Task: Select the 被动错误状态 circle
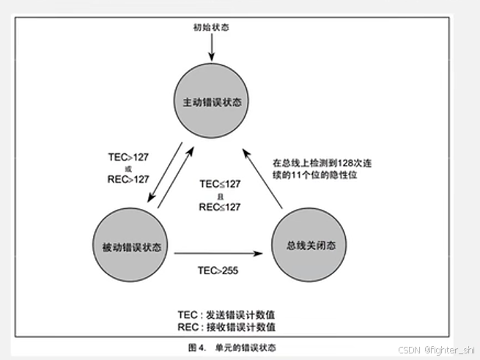point(130,244)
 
